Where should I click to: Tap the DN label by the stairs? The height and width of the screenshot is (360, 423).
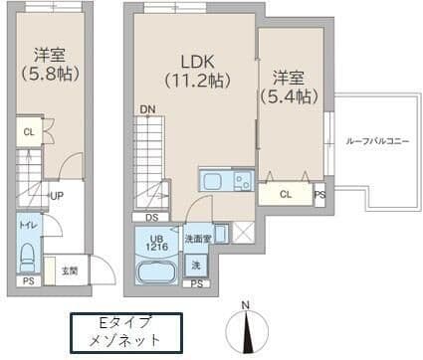pyautogui.click(x=146, y=109)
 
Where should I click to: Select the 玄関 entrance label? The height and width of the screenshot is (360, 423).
pyautogui.click(x=69, y=270)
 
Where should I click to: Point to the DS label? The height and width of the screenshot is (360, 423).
pyautogui.click(x=151, y=218)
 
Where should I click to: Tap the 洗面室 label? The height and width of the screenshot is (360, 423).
pyautogui.click(x=197, y=239)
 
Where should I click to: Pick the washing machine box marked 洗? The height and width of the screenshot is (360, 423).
pyautogui.click(x=196, y=266)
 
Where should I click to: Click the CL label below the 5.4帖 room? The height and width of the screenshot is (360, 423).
pyautogui.click(x=287, y=194)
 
